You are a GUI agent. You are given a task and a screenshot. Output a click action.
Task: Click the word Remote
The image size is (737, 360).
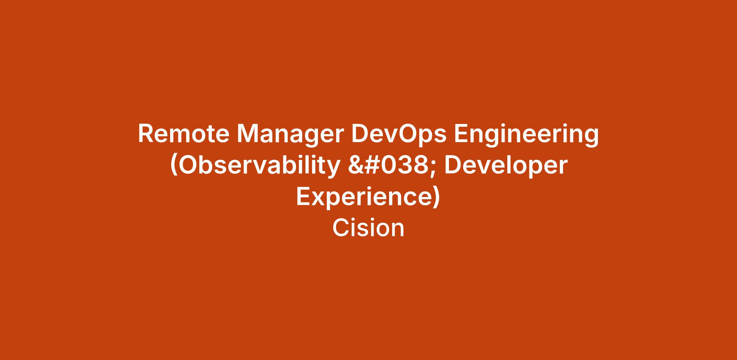184,134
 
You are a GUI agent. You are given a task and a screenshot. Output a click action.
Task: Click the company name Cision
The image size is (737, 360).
368,228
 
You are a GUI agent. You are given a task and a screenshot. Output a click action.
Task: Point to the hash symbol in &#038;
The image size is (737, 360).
372,165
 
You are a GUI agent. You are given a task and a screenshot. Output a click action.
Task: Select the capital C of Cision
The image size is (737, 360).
341,228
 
